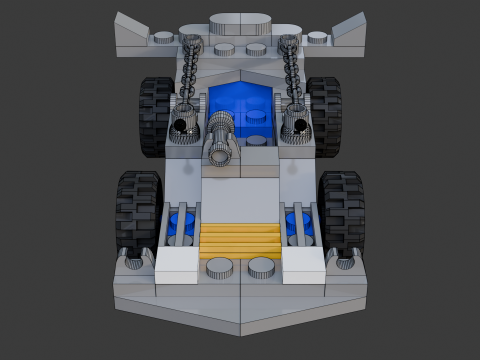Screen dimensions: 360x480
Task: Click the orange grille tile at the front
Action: click(x=240, y=241)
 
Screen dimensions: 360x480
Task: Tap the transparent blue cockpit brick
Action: click(x=241, y=103)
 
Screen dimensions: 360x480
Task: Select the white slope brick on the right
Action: click(x=303, y=266)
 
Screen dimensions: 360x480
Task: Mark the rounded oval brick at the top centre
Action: click(x=241, y=21)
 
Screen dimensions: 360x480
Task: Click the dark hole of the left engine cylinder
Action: click(x=181, y=126)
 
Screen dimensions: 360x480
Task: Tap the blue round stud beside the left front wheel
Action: click(x=181, y=222)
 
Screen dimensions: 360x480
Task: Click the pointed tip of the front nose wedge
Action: click(x=241, y=331)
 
